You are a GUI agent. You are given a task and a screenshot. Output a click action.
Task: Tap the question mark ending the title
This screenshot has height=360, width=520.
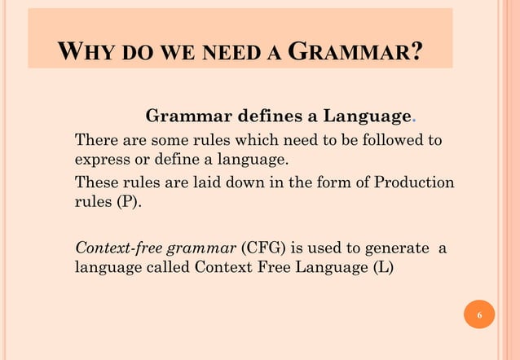click(x=416, y=52)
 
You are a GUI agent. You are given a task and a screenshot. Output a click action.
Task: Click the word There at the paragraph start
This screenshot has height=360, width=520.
click(x=94, y=140)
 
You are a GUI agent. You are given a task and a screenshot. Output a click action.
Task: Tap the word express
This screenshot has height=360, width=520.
click(x=100, y=159)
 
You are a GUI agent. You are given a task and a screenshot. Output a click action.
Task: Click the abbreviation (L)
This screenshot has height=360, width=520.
click(x=381, y=267)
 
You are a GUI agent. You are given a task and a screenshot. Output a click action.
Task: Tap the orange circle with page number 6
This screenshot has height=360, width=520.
click(x=479, y=315)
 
